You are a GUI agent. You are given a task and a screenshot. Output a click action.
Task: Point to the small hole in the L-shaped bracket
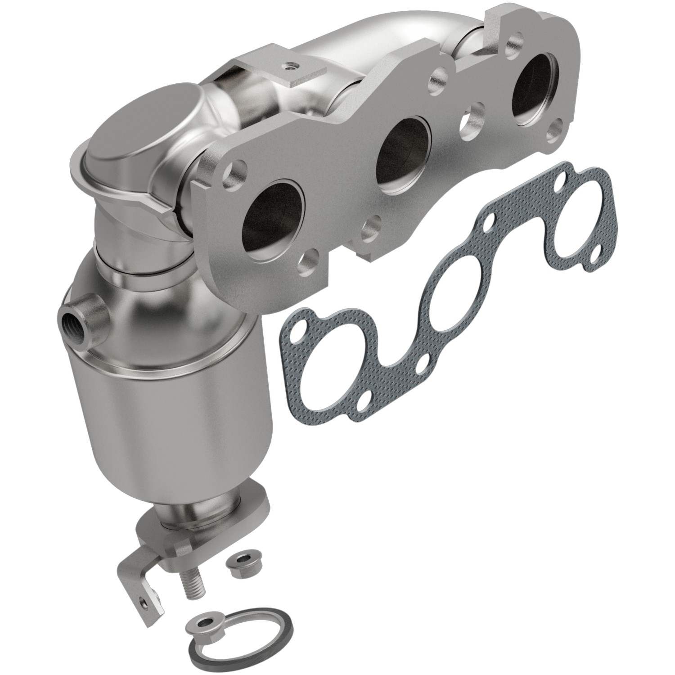click(143, 600)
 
